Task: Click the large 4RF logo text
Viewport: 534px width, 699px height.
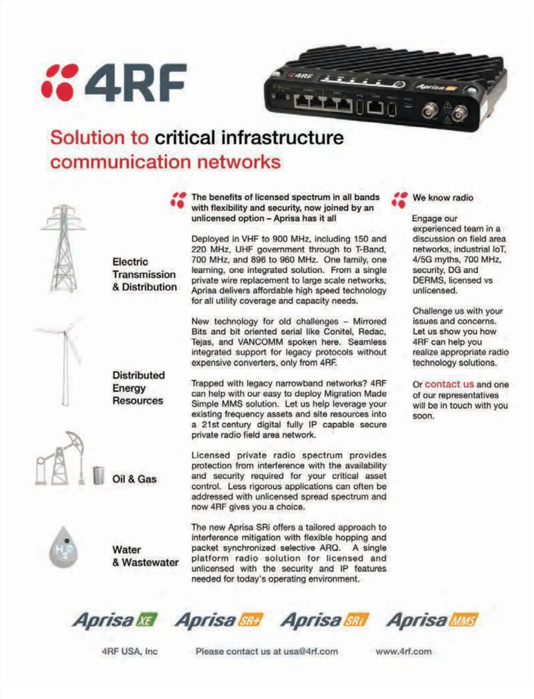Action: (x=135, y=83)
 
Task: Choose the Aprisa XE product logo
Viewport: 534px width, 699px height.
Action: (x=115, y=620)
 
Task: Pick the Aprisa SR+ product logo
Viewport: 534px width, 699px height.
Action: (x=219, y=620)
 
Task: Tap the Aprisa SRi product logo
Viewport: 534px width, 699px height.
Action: (x=324, y=620)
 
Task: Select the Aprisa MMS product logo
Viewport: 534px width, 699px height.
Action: (x=432, y=620)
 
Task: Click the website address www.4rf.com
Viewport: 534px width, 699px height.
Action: (x=403, y=651)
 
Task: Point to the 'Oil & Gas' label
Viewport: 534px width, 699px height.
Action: (x=134, y=479)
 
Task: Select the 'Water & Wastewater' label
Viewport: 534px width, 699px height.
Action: (x=145, y=556)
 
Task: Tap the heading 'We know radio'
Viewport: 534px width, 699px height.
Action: (x=442, y=198)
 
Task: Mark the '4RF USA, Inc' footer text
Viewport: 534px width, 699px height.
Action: (x=129, y=651)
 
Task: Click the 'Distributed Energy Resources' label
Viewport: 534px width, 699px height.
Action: (x=138, y=388)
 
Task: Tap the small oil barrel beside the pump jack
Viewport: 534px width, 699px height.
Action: (x=98, y=475)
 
